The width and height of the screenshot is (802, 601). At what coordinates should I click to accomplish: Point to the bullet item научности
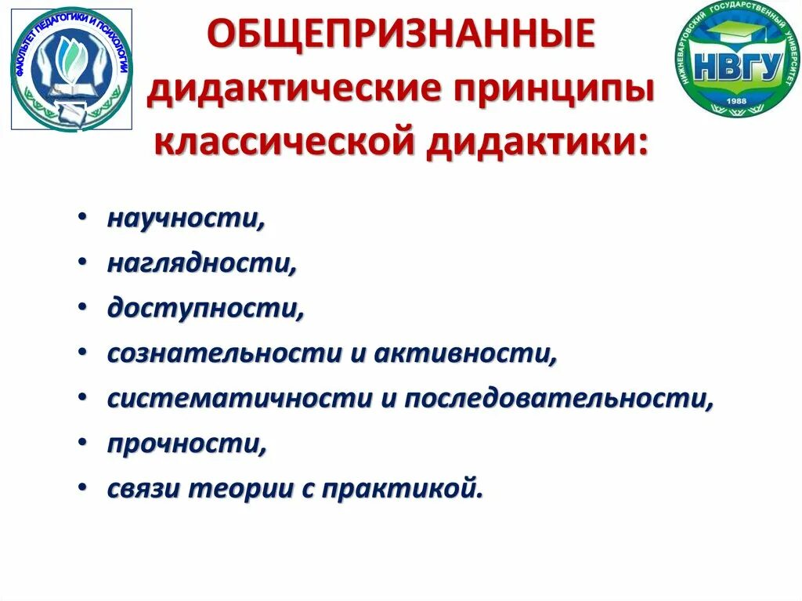point(186,219)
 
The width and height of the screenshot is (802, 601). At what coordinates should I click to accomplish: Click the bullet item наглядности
point(202,264)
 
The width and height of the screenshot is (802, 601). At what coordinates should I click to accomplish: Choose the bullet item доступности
point(205,309)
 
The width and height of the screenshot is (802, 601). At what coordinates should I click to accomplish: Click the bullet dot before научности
point(82,221)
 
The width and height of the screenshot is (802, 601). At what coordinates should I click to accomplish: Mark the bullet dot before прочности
point(82,444)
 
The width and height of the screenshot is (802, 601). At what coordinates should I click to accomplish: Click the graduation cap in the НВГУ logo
point(742,37)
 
